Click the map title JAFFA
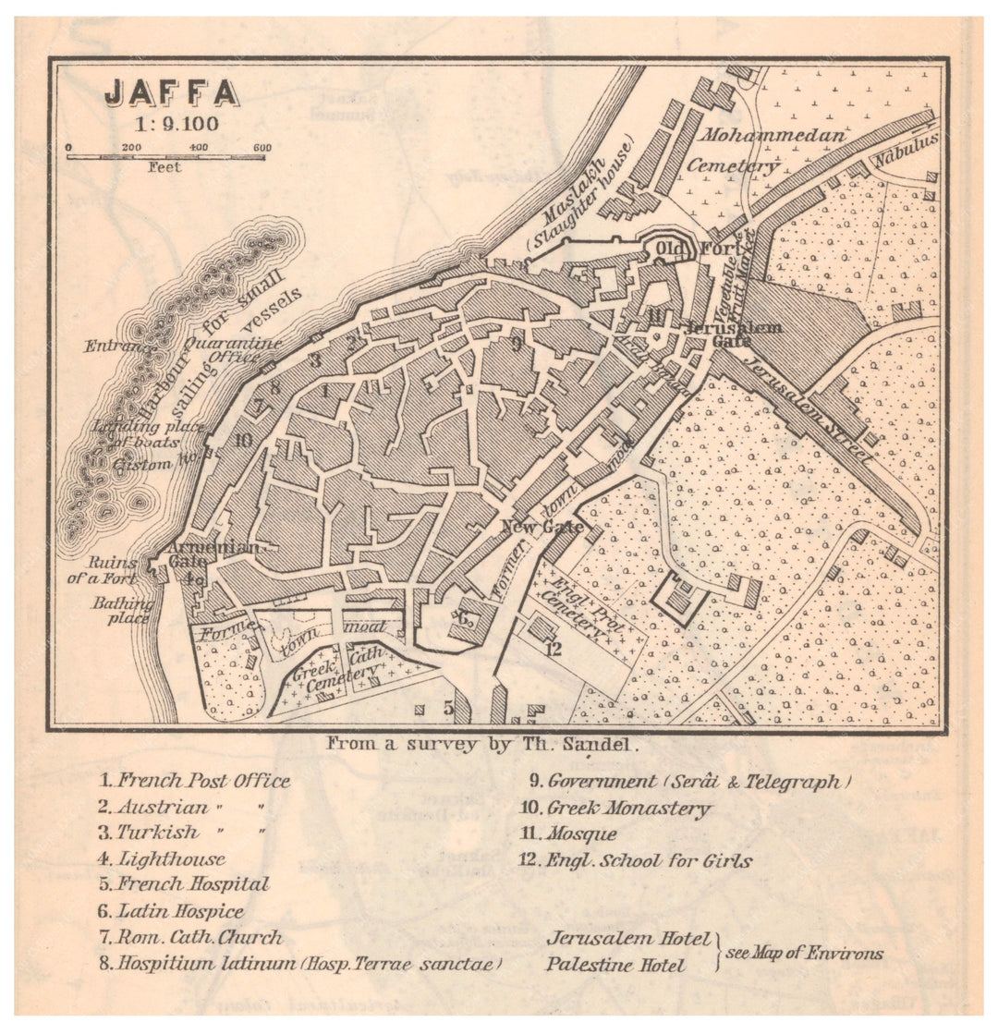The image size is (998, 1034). coord(172,92)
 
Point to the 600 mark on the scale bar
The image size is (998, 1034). coord(262,148)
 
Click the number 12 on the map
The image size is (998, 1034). coord(553,649)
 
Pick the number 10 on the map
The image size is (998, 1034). coord(243,440)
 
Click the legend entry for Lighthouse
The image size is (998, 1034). coord(163,859)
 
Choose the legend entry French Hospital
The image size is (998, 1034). coord(185,884)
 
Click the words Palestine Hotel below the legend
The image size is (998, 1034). coord(615,965)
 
